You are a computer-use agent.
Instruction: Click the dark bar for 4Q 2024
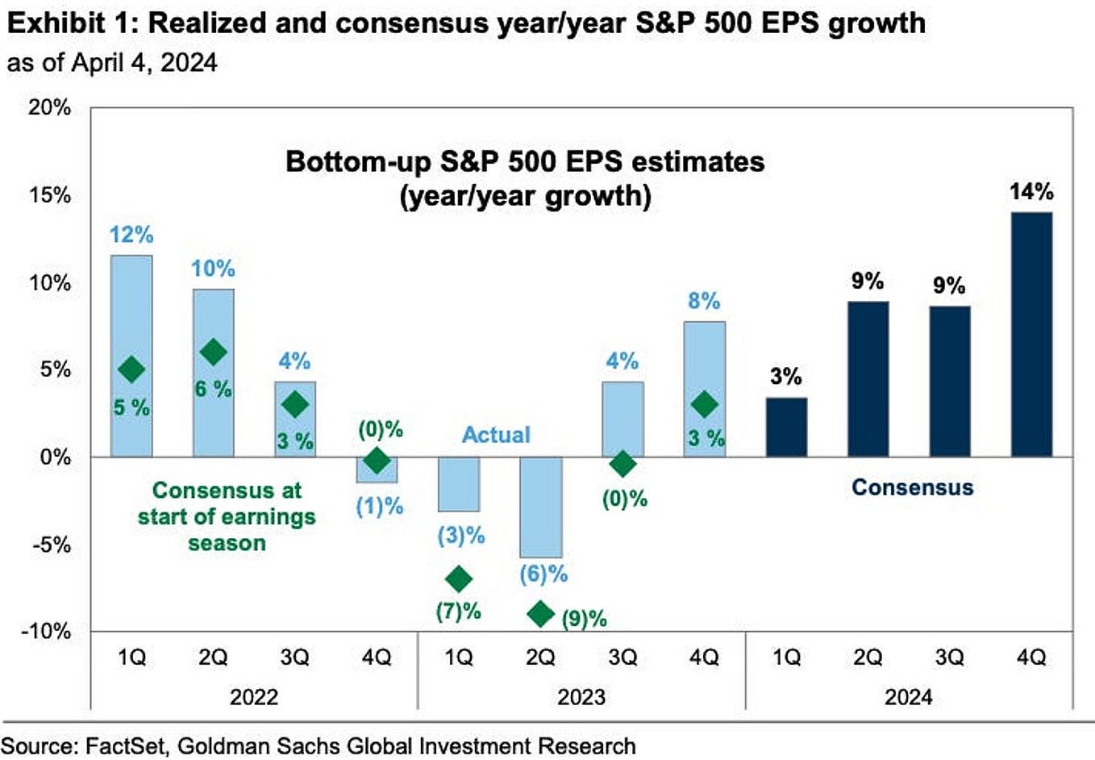click(x=1031, y=334)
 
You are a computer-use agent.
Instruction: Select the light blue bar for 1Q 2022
click(x=131, y=323)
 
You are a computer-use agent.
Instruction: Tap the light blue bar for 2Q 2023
click(x=540, y=507)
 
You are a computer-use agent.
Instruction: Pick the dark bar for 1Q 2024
click(x=786, y=427)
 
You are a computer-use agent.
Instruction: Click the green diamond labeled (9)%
click(x=540, y=614)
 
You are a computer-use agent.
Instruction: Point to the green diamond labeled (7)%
click(x=459, y=578)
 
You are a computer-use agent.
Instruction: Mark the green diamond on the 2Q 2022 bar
click(x=213, y=352)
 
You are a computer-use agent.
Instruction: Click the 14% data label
click(x=1031, y=192)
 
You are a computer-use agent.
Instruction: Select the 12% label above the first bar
click(x=131, y=235)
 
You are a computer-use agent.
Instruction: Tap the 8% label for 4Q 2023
click(x=704, y=301)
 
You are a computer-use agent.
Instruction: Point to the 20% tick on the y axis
click(x=50, y=107)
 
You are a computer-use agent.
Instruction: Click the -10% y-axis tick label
click(x=46, y=631)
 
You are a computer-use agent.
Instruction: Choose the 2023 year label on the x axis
click(x=581, y=696)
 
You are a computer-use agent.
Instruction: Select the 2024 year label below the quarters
click(x=908, y=696)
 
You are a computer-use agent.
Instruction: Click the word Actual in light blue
click(x=496, y=435)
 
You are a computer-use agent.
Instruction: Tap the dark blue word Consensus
click(x=912, y=487)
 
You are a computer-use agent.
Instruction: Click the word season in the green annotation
click(x=227, y=543)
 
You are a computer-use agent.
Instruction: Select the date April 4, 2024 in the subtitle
click(x=145, y=63)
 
